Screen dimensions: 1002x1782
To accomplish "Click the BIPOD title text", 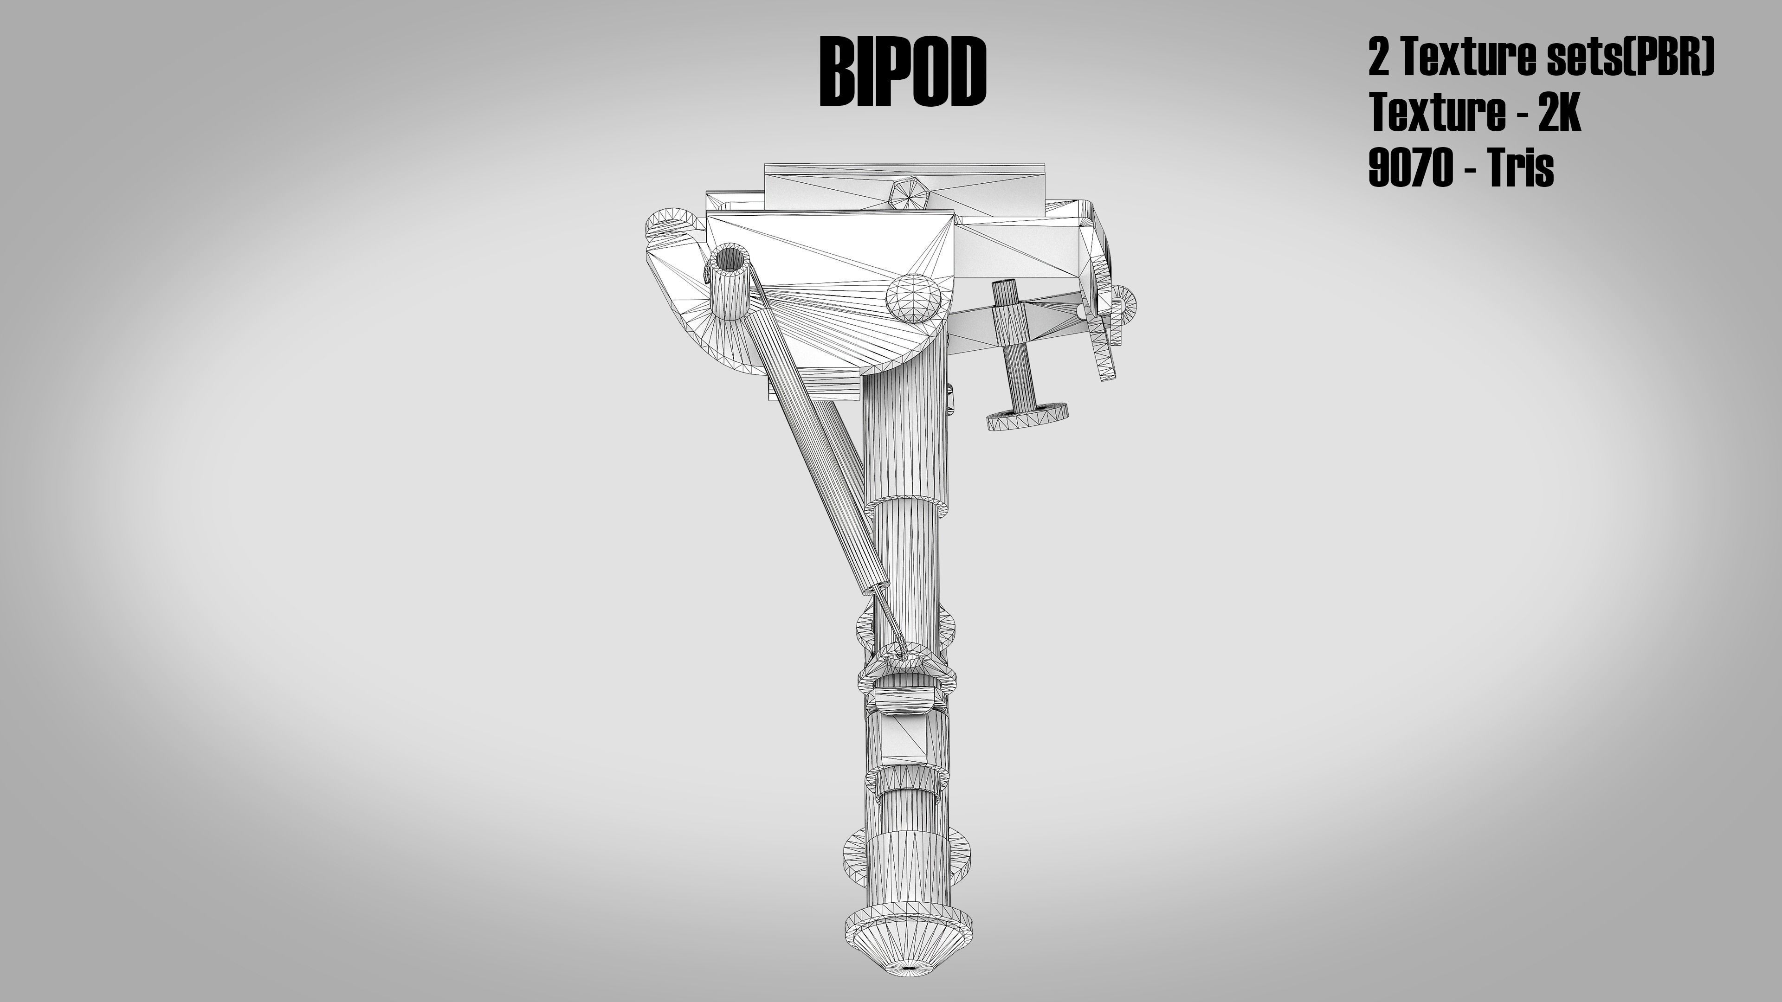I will (902, 72).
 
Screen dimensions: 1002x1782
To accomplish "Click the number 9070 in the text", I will (1411, 169).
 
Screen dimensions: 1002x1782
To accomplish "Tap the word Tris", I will (1521, 169).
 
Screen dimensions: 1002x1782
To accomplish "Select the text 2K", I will (1560, 113).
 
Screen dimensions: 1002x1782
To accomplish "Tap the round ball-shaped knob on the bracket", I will (914, 298).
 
